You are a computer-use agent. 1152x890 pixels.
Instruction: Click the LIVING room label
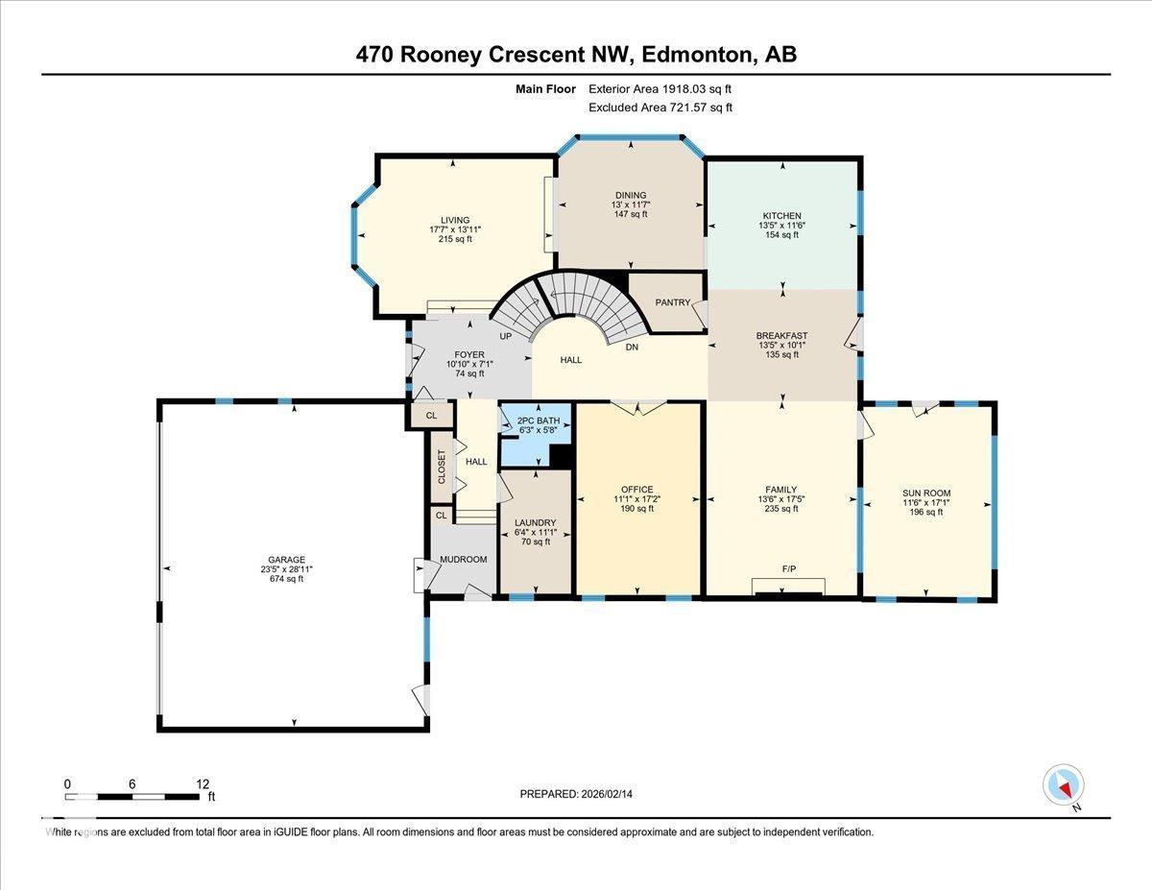click(x=449, y=220)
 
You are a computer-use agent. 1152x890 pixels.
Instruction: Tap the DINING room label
click(x=630, y=195)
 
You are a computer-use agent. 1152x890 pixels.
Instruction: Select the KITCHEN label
click(x=781, y=216)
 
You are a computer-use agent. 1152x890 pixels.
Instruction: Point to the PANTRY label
click(x=673, y=302)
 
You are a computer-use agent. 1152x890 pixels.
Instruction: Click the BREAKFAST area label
click(x=781, y=336)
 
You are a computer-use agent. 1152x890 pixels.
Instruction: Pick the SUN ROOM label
click(x=925, y=493)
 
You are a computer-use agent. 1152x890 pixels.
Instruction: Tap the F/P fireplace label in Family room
click(x=788, y=569)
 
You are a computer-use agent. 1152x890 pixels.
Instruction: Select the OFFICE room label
click(x=636, y=490)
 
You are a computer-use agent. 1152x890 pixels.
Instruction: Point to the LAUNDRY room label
click(x=535, y=522)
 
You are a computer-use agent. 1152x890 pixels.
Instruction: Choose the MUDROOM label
click(x=463, y=559)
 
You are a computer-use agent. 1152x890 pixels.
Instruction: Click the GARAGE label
click(x=286, y=560)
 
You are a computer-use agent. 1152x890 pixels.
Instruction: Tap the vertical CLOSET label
click(x=442, y=467)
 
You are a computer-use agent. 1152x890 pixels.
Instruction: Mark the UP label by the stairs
click(x=505, y=337)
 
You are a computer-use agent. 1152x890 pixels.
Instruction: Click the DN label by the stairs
click(x=632, y=348)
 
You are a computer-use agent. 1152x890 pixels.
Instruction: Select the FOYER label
click(x=469, y=354)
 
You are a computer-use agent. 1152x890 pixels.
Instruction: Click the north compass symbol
click(x=1063, y=785)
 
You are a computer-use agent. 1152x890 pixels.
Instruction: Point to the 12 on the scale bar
click(x=203, y=783)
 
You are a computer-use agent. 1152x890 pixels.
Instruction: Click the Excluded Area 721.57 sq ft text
click(x=660, y=108)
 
